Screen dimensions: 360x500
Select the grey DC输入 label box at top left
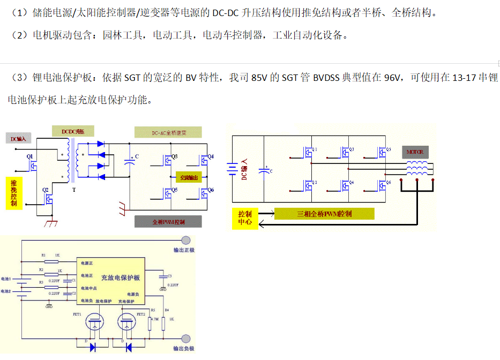pyautogui.click(x=19, y=139)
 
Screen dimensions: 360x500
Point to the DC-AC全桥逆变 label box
pyautogui.click(x=168, y=132)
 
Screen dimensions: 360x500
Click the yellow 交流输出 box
pyautogui.click(x=189, y=177)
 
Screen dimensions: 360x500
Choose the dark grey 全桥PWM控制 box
pyautogui.click(x=168, y=221)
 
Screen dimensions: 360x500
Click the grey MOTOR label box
pyautogui.click(x=415, y=152)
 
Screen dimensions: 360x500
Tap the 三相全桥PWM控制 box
pyautogui.click(x=324, y=214)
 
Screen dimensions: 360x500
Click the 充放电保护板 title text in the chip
pyautogui.click(x=121, y=278)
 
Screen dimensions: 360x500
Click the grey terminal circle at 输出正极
pyautogui.click(x=186, y=241)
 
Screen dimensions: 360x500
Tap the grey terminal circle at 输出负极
pyautogui.click(x=186, y=339)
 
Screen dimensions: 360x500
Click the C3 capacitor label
pyautogui.click(x=169, y=276)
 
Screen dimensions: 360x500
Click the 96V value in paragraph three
pyautogui.click(x=393, y=78)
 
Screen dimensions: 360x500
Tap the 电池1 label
pyautogui.click(x=6, y=279)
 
